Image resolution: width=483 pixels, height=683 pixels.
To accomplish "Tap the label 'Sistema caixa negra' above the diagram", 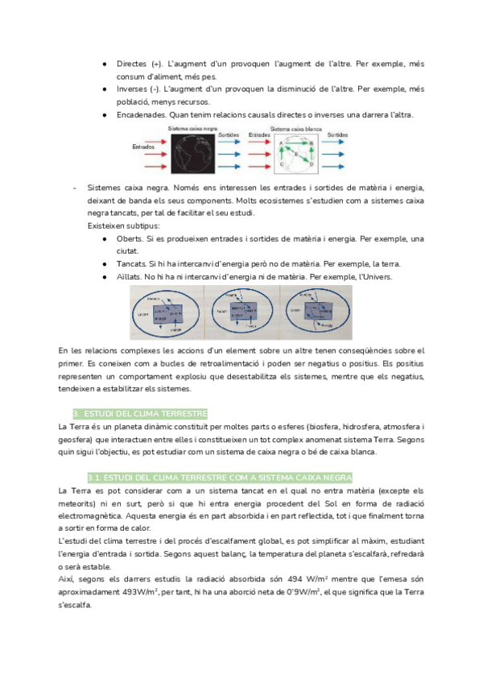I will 192,129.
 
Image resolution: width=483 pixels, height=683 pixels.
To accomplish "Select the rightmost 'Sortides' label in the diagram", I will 338,135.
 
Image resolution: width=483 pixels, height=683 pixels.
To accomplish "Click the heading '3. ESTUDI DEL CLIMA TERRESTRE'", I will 140,412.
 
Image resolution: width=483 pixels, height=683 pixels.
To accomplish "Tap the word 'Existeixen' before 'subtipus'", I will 107,226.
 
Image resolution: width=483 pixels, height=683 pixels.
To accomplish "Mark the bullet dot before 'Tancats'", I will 105,265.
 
